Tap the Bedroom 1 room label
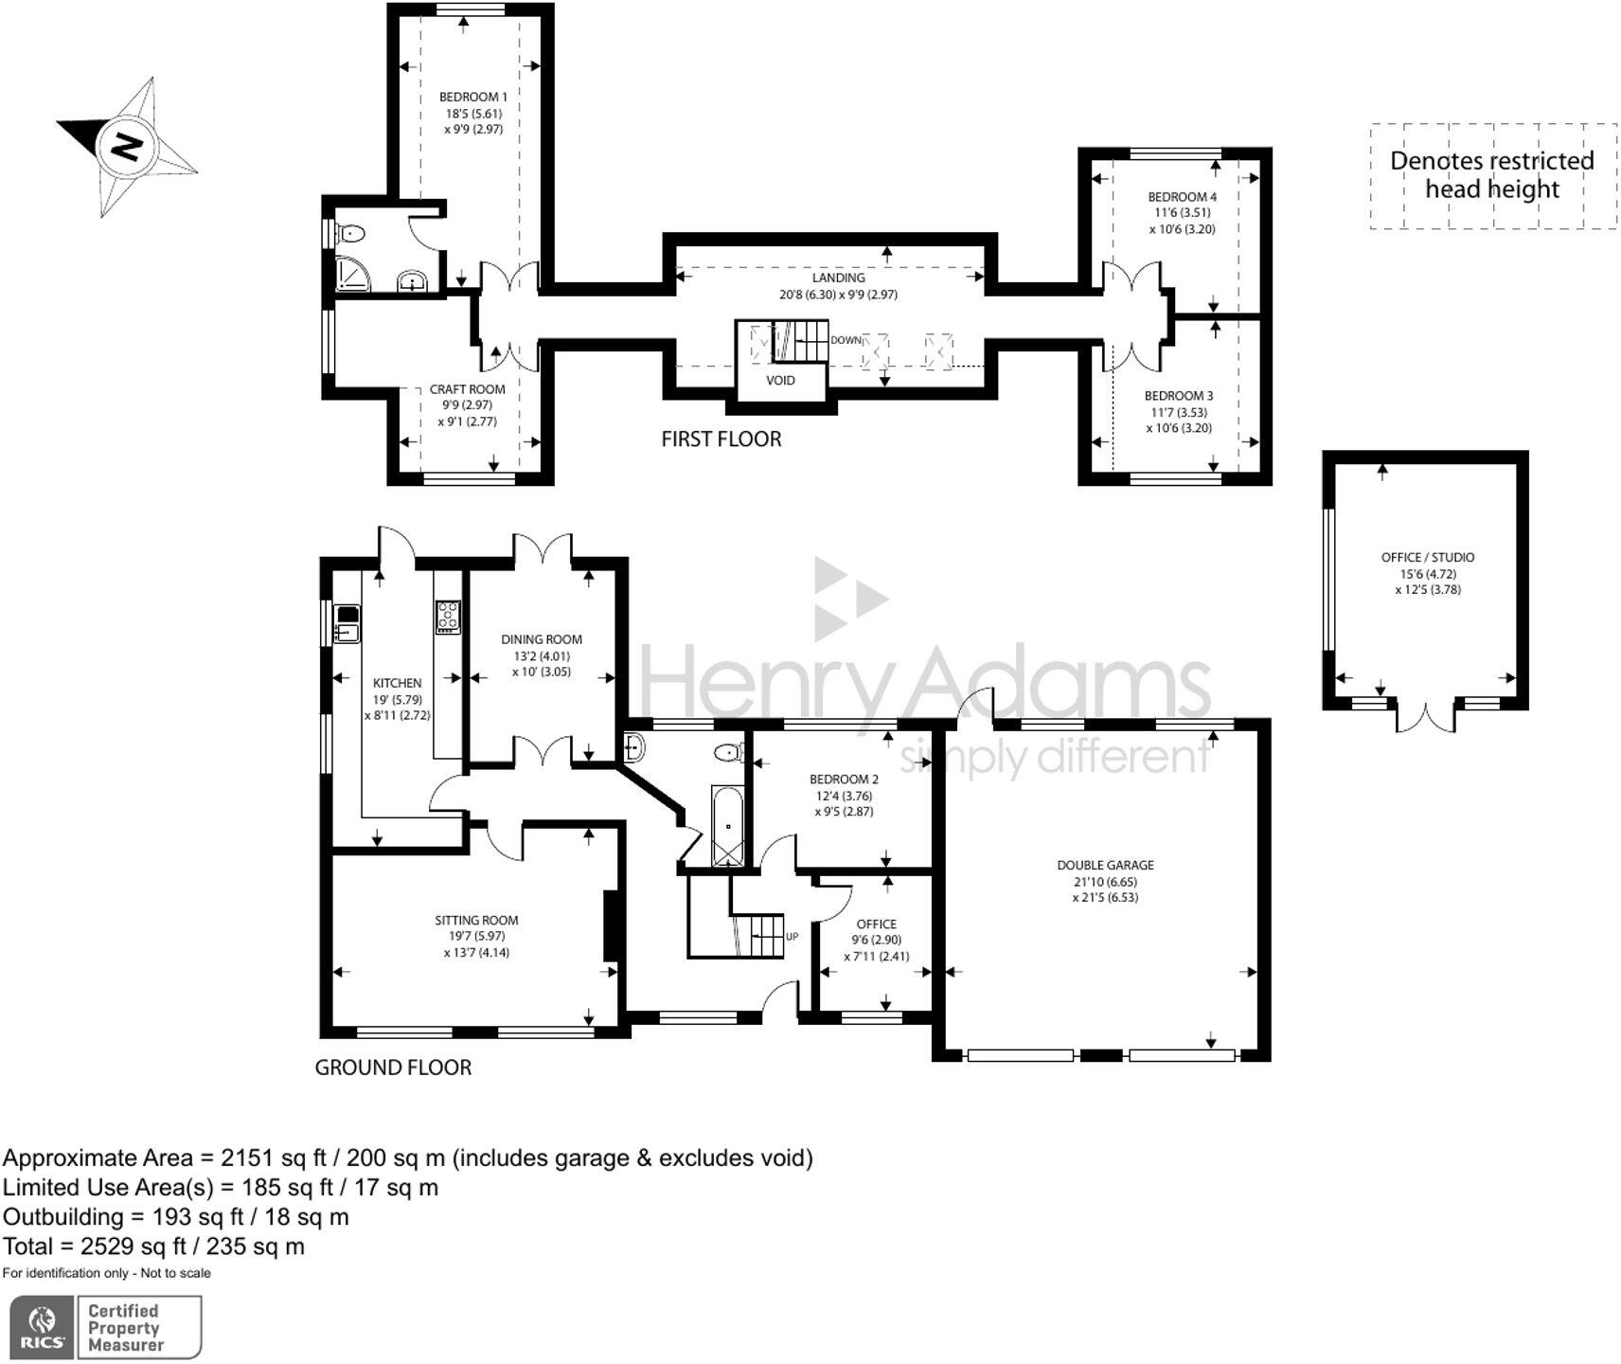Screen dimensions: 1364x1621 click(472, 97)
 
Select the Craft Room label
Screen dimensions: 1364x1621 click(467, 389)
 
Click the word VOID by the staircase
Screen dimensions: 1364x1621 click(780, 381)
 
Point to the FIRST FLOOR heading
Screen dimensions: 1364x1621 click(721, 440)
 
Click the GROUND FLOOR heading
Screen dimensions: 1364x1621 click(392, 1068)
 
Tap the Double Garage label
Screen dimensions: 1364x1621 click(1105, 865)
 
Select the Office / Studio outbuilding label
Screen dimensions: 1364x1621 click(1427, 558)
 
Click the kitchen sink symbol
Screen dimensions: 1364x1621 click(347, 625)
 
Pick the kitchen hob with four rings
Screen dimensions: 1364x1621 click(447, 617)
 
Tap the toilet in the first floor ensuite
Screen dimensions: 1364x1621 click(352, 232)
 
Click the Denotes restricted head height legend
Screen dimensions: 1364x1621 click(1491, 175)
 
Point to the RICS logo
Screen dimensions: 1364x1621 click(42, 1326)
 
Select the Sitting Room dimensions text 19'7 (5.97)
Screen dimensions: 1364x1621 click(476, 936)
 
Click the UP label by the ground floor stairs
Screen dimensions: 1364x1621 click(792, 937)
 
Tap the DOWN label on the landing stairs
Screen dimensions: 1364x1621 click(846, 340)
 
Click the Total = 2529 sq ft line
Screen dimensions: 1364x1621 click(153, 1246)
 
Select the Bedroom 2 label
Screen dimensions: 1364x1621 click(843, 780)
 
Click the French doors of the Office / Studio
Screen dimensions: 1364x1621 click(1424, 716)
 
